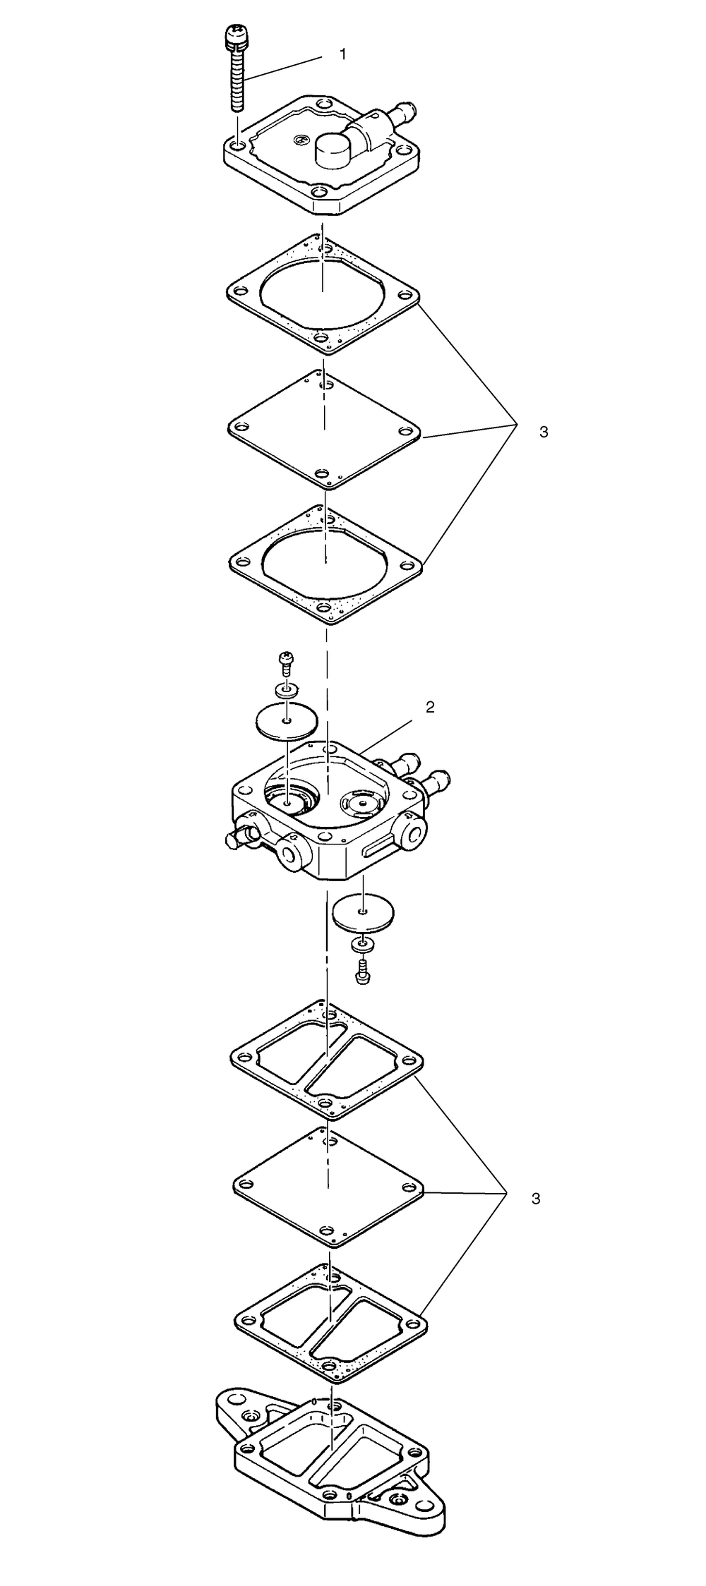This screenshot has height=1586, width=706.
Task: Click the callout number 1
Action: [343, 54]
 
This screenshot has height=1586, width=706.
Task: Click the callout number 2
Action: [429, 707]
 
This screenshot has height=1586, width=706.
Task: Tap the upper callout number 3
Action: [543, 432]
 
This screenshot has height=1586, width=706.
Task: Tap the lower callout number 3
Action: [536, 1198]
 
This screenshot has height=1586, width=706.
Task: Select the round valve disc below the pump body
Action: [363, 912]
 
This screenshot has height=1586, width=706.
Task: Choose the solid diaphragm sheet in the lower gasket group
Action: [328, 1187]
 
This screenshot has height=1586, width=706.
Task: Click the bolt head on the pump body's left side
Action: [234, 841]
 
